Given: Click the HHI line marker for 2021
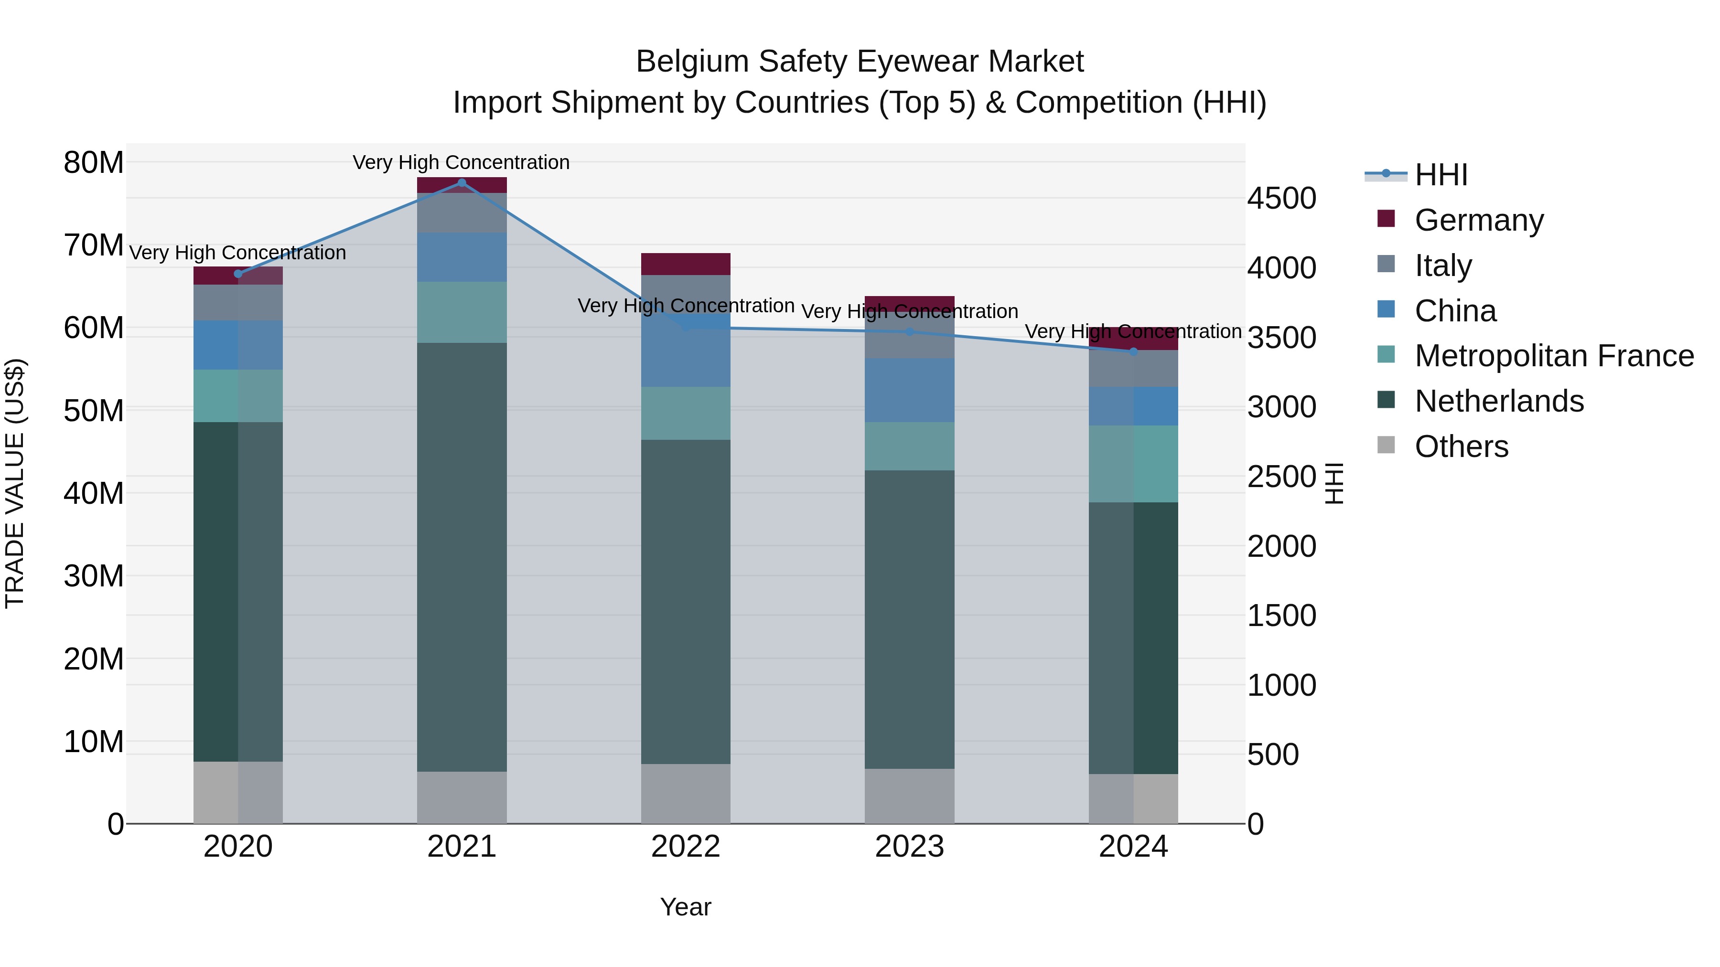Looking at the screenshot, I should coord(462,183).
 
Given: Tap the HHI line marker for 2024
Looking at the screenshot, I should coord(1133,351).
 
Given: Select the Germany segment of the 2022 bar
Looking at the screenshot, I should coord(685,264).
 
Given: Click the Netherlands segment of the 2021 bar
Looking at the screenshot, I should coord(462,557).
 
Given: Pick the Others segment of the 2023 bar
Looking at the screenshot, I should coord(909,796).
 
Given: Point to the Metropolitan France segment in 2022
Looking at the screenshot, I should coord(685,413).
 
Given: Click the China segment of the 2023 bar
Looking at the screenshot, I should coord(909,391).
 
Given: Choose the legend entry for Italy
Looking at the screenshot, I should coord(1443,266).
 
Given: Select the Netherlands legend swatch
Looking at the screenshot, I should coord(1386,401).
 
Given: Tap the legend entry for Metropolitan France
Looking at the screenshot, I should coord(1553,356).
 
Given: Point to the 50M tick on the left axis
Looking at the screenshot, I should coord(94,410).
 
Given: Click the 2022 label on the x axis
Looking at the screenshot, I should coord(685,847).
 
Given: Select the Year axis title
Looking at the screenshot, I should coord(685,907).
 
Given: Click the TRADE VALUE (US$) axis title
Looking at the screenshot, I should coord(15,483).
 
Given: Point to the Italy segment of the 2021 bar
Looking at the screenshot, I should coord(462,213).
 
